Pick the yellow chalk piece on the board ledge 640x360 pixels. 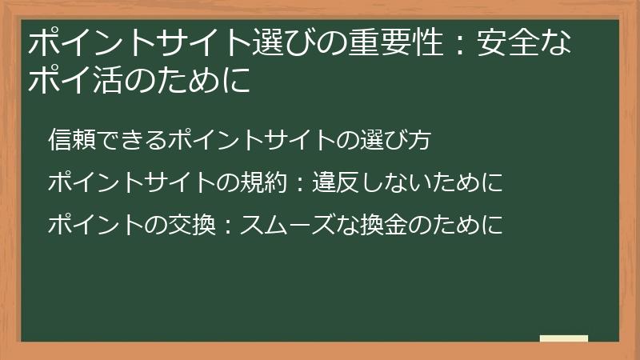[x=564, y=338]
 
